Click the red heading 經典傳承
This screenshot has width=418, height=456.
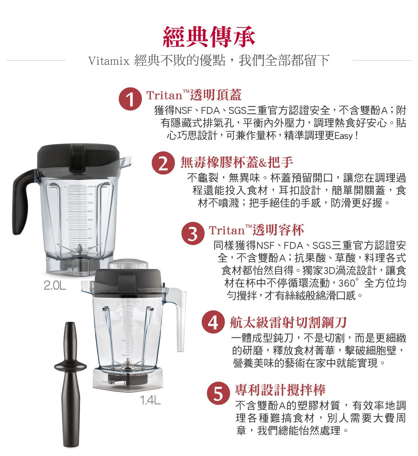click(209, 37)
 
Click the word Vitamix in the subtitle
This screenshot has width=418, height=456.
click(109, 61)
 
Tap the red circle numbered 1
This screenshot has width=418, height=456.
click(130, 99)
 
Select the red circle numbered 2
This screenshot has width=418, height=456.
click(163, 163)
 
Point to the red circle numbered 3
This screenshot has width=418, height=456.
click(193, 234)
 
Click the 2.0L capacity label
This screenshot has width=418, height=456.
click(55, 285)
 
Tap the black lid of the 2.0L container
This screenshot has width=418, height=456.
click(78, 157)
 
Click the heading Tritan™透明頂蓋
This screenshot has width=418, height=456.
click(194, 95)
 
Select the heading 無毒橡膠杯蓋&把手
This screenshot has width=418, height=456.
click(237, 162)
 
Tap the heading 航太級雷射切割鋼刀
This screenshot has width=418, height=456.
click(288, 322)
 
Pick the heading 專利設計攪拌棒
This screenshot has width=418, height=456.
click(280, 390)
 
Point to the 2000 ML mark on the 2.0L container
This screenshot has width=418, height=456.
click(91, 187)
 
